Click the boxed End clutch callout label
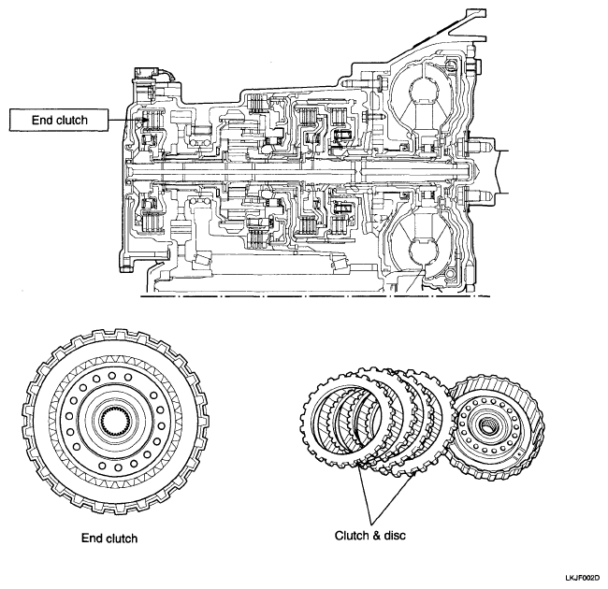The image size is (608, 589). pyautogui.click(x=59, y=120)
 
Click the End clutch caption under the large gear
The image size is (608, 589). pyautogui.click(x=109, y=539)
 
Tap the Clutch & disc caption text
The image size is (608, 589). pyautogui.click(x=370, y=536)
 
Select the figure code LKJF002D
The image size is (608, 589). pyautogui.click(x=585, y=578)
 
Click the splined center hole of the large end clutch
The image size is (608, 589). pyautogui.click(x=115, y=422)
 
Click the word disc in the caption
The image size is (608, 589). pyautogui.click(x=395, y=536)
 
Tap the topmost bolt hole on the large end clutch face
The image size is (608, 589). pyautogui.click(x=112, y=375)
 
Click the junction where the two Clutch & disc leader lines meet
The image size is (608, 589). pyautogui.click(x=371, y=524)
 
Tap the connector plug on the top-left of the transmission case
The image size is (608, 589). pyautogui.click(x=144, y=73)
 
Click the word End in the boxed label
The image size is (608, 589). pyautogui.click(x=41, y=120)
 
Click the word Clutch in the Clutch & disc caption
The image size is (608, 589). pyautogui.click(x=352, y=536)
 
